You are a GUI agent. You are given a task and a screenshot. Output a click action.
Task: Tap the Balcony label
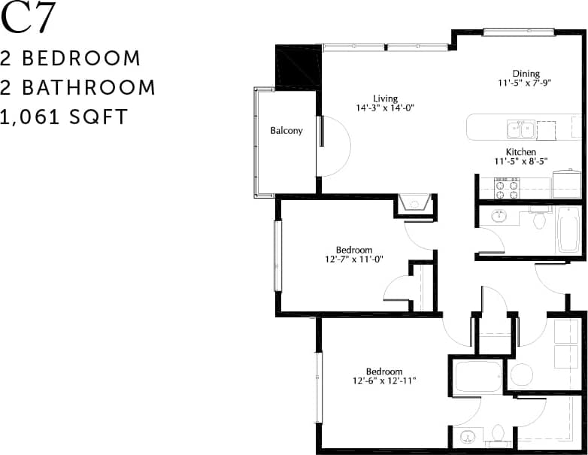point(286,131)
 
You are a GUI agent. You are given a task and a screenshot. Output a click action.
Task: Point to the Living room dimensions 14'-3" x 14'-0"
point(386,108)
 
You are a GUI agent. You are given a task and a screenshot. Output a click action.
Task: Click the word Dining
point(526,73)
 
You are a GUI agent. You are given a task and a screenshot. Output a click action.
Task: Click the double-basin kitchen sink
point(521,129)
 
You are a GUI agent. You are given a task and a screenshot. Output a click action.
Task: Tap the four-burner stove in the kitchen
point(506,187)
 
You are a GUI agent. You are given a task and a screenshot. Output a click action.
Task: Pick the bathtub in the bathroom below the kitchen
point(568,229)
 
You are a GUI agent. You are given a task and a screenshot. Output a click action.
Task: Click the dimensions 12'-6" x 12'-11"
point(384,381)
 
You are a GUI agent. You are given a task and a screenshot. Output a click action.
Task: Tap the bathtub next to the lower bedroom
point(478,376)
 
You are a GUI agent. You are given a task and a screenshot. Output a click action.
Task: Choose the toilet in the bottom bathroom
point(497,432)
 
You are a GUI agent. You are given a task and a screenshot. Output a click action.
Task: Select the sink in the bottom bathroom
point(468,435)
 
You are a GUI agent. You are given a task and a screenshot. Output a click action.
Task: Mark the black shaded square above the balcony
point(299,66)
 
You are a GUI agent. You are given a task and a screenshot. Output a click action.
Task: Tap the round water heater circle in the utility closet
point(521,374)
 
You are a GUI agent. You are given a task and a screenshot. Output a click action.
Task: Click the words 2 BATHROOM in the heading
point(78,87)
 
